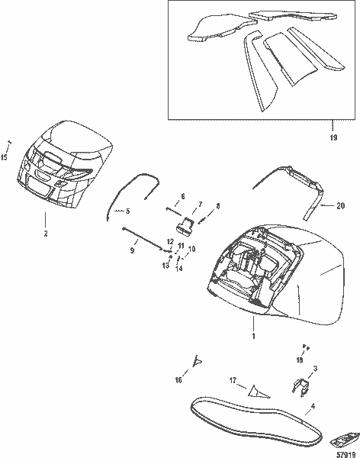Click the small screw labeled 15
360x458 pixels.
coord(10,144)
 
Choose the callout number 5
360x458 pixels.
coord(128,211)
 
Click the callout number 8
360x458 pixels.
coord(217,206)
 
